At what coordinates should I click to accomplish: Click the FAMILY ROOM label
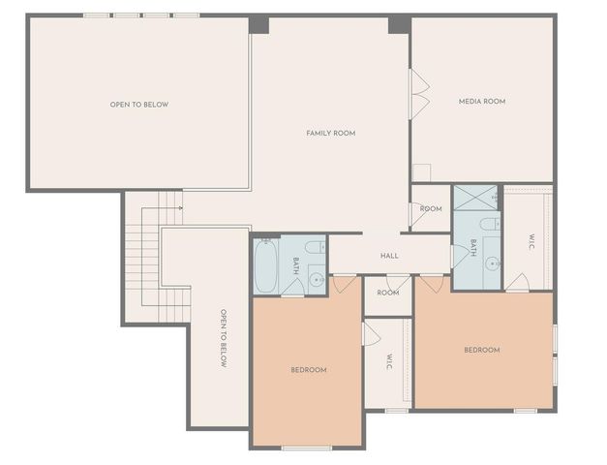coord(330,133)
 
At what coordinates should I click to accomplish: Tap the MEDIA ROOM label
coord(481,101)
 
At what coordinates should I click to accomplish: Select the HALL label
coord(389,256)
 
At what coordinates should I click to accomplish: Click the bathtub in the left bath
coord(265,265)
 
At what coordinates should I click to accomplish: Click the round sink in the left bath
coord(316,280)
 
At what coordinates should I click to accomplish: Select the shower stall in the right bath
coord(474,198)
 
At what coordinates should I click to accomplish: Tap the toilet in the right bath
coord(490,225)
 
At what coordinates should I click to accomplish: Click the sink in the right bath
coord(492,263)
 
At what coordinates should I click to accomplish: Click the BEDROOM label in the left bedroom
coord(308,370)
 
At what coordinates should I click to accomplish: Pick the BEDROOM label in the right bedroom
coord(481,350)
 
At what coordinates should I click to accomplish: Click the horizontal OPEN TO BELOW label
coord(139,104)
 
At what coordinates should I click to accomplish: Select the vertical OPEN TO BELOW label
coord(223,338)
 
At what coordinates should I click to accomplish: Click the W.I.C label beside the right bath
coord(531,242)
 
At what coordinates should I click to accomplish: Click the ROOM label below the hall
coord(387,293)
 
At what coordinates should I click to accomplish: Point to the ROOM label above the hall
coord(431,208)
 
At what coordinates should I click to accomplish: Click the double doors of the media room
coord(419,94)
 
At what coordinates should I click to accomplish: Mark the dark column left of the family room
coord(258,25)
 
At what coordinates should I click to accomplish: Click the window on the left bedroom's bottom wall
coord(306,448)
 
